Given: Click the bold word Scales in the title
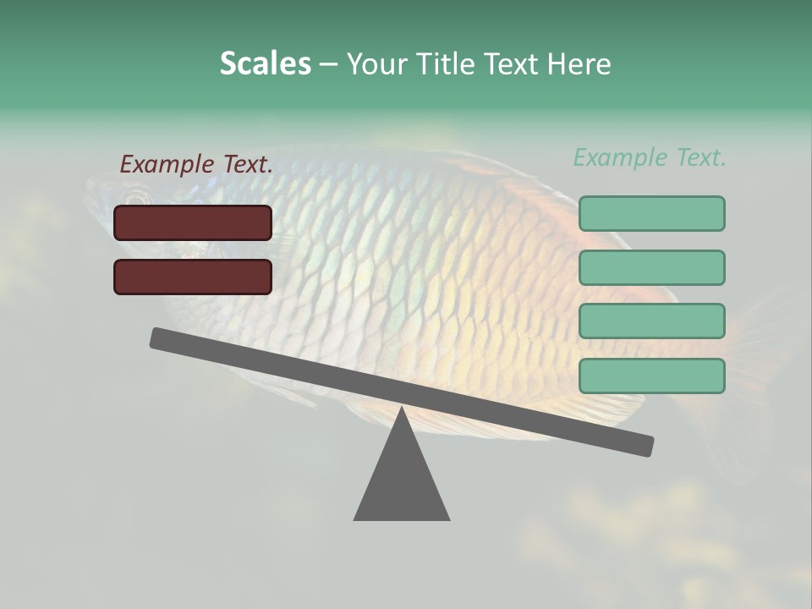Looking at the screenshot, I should (x=265, y=63).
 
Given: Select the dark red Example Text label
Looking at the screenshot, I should (x=195, y=164).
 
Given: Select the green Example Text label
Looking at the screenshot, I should (x=650, y=157).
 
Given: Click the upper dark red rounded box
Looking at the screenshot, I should (x=193, y=222).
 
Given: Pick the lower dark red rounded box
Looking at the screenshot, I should (x=193, y=277).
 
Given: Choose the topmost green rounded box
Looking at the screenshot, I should (x=651, y=213).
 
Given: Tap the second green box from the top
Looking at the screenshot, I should (x=651, y=267).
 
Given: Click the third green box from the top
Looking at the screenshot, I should (x=651, y=321).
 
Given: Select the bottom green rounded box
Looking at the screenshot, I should (x=651, y=376).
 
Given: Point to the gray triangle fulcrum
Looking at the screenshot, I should (x=402, y=482).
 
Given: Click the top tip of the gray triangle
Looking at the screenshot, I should (x=402, y=412).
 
